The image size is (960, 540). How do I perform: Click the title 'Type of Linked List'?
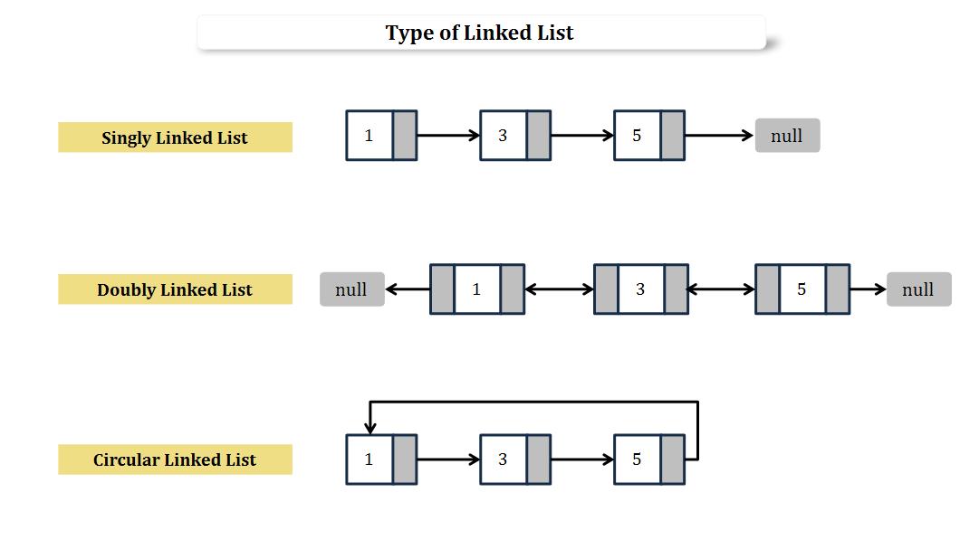pos(480,33)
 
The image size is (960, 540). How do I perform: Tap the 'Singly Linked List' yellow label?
pos(175,137)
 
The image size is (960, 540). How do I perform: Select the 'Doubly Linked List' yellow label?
pos(175,289)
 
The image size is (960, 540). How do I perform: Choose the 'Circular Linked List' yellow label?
pos(175,459)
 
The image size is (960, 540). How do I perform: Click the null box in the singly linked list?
pos(787,136)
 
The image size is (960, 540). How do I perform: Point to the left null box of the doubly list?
pos(351,289)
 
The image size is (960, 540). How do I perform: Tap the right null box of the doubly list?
pos(918,289)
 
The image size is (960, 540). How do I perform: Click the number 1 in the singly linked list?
pos(369,136)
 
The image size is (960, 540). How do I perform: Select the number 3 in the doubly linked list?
pos(640,289)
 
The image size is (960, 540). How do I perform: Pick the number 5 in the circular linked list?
pos(637,459)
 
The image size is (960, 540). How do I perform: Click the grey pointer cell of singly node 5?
pos(672,136)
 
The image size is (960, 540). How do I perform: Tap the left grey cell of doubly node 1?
pos(442,289)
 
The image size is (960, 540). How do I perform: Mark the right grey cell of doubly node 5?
pos(837,289)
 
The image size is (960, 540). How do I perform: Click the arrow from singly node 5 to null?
pos(719,136)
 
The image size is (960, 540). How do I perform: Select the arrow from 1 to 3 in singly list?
pos(448,136)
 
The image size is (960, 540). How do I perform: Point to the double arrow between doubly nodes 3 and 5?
pos(722,289)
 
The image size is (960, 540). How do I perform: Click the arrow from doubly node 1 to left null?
pos(408,289)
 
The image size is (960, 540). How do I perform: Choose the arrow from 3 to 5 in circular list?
pos(582,459)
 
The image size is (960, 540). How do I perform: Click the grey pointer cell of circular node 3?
pos(538,459)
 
